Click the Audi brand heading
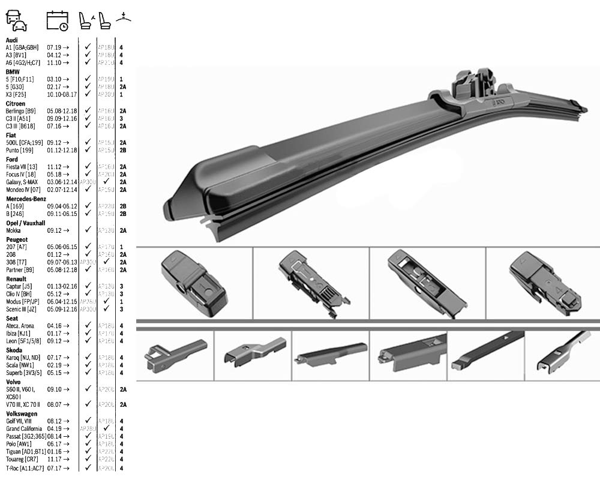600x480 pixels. (x=11, y=40)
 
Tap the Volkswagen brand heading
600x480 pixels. (x=22, y=413)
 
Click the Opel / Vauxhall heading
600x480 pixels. (x=25, y=223)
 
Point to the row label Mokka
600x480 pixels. (x=13, y=230)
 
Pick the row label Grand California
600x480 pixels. (x=24, y=429)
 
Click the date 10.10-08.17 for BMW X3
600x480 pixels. (x=62, y=94)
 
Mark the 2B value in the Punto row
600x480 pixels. (x=122, y=150)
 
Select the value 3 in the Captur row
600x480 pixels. (x=121, y=286)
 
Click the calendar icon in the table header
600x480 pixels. (x=58, y=20)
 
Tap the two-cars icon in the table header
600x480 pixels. (x=16, y=20)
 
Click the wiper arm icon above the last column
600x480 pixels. (x=124, y=17)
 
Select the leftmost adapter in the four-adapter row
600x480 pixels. (x=194, y=283)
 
